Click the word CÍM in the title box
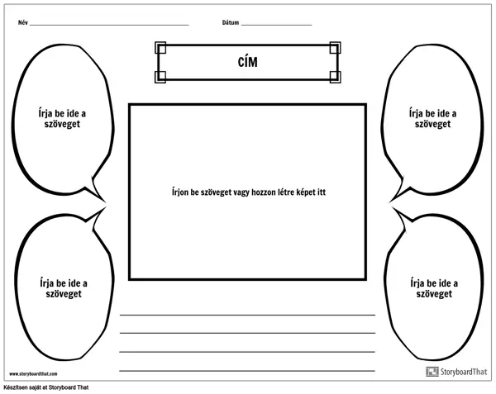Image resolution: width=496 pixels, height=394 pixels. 248,62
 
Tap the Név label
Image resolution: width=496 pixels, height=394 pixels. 23,22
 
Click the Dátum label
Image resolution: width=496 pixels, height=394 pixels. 231,22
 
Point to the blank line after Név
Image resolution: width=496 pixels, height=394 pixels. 109,25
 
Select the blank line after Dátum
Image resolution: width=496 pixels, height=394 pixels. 276,25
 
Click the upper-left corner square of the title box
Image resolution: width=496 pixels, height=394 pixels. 160,48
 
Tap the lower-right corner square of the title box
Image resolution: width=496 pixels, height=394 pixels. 335,77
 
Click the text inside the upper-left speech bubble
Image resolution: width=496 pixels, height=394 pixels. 62,118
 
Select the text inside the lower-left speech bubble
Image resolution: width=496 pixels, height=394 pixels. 64,288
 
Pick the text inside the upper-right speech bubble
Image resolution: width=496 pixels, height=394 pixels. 432,118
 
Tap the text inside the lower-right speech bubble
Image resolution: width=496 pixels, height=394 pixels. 434,288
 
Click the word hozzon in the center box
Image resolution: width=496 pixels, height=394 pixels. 264,192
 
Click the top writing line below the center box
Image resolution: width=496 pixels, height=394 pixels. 247,315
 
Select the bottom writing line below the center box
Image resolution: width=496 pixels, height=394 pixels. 247,370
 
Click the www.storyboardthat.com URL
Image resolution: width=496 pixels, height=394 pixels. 33,374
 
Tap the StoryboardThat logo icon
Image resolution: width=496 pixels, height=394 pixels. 432,372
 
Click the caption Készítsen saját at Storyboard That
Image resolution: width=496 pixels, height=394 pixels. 46,387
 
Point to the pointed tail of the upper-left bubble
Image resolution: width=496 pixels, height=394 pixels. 105,201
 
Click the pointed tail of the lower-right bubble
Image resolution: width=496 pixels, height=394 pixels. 393,208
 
